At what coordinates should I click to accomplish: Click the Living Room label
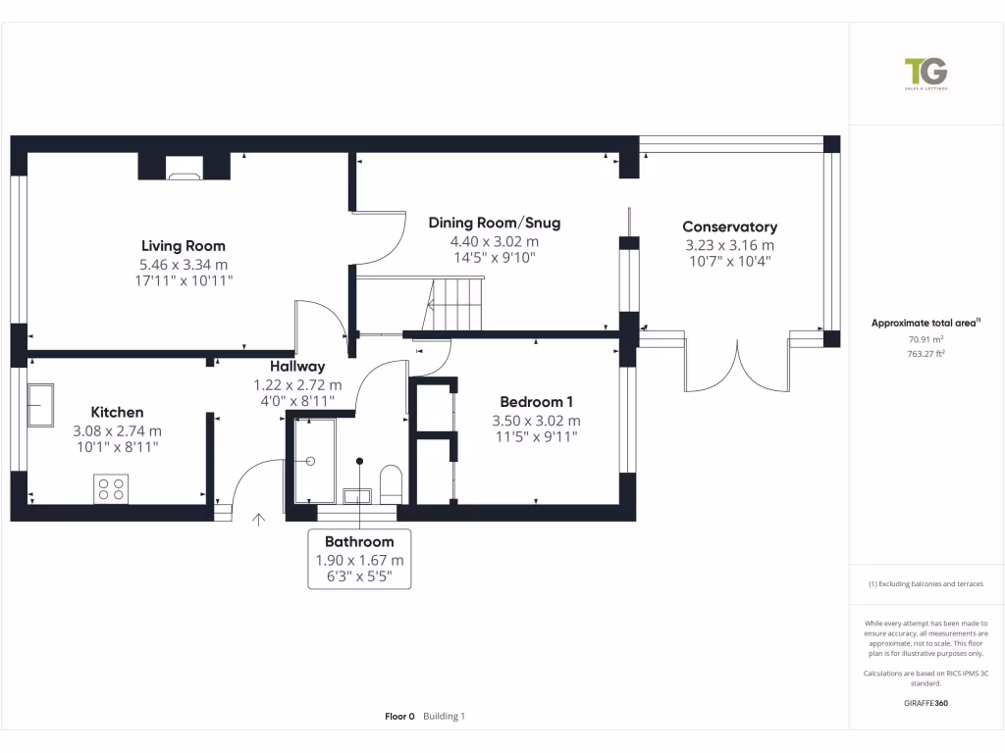[x=183, y=246]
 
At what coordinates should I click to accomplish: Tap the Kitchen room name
[x=117, y=413]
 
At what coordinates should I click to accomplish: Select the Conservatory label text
[x=729, y=227]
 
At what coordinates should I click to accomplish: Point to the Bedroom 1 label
[x=536, y=402]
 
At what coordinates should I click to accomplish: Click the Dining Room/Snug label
[x=494, y=224]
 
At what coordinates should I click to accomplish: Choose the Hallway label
[x=297, y=367]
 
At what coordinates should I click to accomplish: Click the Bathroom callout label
[x=359, y=542]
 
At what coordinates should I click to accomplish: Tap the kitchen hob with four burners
[x=111, y=488]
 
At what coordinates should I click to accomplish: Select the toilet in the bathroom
[x=390, y=483]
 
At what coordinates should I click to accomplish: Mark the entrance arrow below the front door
[x=259, y=520]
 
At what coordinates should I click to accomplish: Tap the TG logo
[x=926, y=74]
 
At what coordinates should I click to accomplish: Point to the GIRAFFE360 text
[x=926, y=703]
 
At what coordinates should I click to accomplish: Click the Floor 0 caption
[x=400, y=717]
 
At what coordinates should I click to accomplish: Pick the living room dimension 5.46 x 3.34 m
[x=183, y=265]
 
